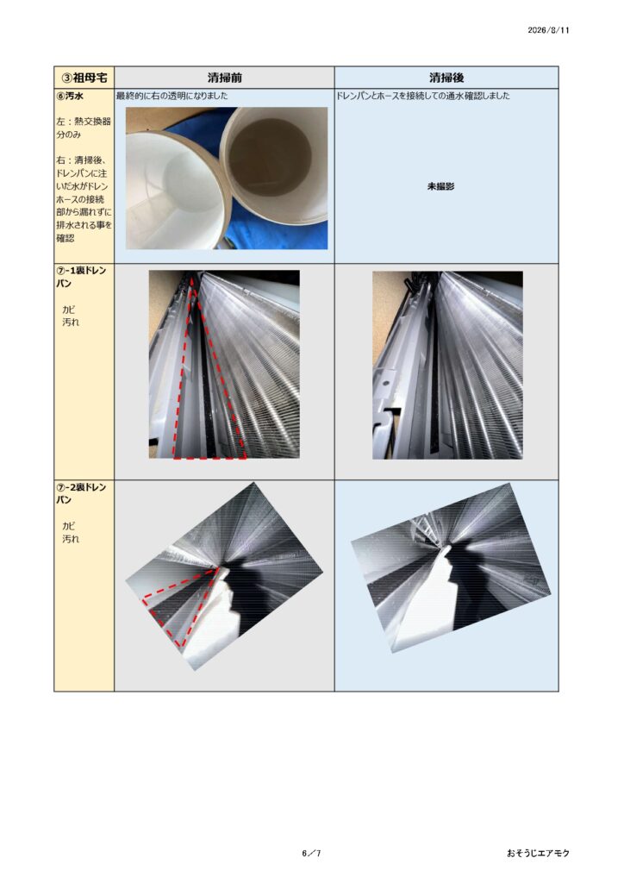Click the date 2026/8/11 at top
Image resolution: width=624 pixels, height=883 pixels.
coord(548,30)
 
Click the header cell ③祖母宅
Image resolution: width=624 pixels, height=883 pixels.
coord(84,77)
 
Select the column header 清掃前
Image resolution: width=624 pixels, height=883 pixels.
coord(224,77)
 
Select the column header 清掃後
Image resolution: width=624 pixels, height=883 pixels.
coord(446,77)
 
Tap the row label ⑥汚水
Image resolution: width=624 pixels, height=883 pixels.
coord(70,96)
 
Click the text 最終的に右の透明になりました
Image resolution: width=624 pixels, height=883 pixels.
coord(172,96)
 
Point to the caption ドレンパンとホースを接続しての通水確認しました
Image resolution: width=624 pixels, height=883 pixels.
coord(423,96)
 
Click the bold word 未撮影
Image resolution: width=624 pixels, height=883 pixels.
coord(440,186)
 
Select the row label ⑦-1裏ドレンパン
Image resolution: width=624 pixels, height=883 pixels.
coord(81,277)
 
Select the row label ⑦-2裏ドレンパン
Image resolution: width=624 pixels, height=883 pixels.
coord(81,493)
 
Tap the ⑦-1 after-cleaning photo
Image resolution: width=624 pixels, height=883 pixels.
coord(447,365)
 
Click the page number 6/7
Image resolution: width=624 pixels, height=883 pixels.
coord(311,853)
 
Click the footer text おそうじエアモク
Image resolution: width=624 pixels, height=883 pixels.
coord(538,853)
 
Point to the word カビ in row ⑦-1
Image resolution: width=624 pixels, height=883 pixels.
coord(69,310)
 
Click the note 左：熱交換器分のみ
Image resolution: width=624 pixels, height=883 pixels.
coord(84,128)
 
